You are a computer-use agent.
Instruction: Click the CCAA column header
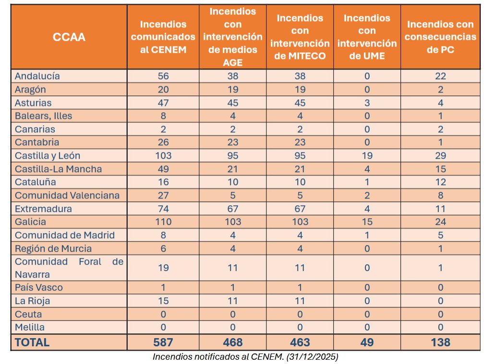tap(69, 37)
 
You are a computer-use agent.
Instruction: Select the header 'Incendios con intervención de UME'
tap(367, 37)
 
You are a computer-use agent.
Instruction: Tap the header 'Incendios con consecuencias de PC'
tap(440, 37)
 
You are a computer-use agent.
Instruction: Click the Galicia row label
tap(30, 222)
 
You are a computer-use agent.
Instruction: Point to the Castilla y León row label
tap(48, 156)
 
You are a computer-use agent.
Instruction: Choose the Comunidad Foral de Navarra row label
tap(69, 268)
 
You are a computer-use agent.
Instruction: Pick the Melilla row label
tap(30, 328)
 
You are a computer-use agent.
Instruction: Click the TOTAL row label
tap(32, 342)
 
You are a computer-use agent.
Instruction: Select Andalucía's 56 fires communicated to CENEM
tap(163, 76)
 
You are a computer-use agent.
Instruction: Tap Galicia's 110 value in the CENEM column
tap(163, 222)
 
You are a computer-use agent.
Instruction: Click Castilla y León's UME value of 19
tap(367, 156)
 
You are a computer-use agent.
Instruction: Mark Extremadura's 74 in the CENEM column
tap(163, 209)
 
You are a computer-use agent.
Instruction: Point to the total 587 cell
tap(163, 342)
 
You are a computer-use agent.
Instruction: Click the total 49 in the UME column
tap(367, 342)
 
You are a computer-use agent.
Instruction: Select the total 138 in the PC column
tap(440, 342)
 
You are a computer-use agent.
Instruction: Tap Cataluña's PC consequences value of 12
tap(440, 182)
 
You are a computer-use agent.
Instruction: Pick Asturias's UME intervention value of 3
tap(367, 103)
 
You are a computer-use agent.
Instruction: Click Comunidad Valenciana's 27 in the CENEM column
tap(163, 195)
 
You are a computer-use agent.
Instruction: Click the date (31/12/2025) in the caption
tap(312, 357)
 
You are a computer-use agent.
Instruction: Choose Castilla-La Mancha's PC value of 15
tap(440, 169)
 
